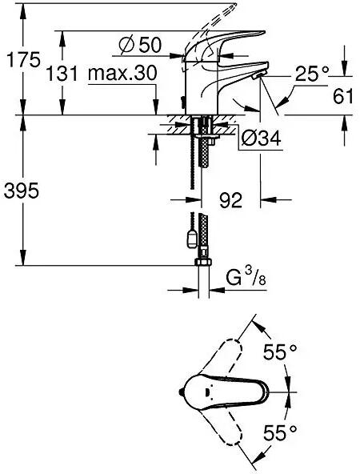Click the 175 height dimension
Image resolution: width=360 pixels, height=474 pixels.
tap(23, 60)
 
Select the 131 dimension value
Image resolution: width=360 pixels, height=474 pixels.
tap(62, 74)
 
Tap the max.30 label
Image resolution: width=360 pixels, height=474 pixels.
tap(122, 73)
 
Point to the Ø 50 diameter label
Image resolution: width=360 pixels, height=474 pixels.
tap(140, 46)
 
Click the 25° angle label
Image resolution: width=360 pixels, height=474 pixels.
tap(312, 74)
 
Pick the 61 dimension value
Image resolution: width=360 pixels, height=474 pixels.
tap(342, 97)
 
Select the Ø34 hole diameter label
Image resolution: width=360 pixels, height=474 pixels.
tap(262, 139)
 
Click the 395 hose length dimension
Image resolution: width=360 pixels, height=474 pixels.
tap(21, 191)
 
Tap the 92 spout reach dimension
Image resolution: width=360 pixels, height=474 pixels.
tap(230, 200)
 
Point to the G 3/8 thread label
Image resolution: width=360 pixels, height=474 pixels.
tap(246, 278)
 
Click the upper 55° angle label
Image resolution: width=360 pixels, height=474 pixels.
tap(280, 351)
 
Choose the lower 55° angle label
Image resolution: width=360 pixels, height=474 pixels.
tap(280, 432)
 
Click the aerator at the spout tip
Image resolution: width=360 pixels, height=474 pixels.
tap(258, 75)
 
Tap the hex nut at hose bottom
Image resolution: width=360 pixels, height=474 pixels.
tap(204, 262)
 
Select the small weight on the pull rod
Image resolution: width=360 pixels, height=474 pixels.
tap(191, 239)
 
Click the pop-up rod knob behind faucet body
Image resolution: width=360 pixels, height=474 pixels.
tap(182, 102)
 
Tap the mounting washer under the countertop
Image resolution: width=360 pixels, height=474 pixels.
tap(207, 138)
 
